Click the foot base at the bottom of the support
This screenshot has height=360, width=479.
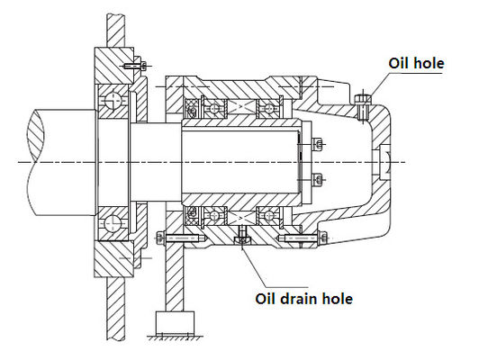tap(174, 320)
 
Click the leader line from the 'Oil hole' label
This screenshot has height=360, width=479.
tap(378, 85)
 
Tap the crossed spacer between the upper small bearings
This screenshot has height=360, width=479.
tap(240, 107)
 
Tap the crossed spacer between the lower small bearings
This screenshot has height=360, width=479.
tap(240, 216)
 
